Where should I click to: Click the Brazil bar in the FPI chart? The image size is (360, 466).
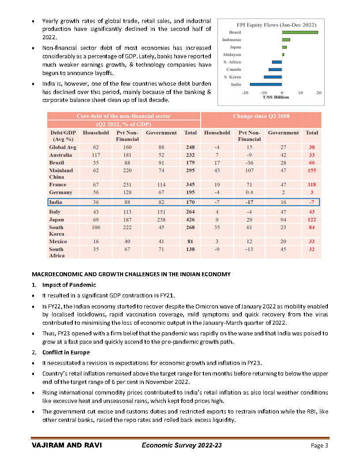coord(300,32)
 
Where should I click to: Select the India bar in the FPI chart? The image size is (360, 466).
coord(266,84)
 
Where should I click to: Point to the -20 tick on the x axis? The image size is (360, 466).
coord(244,93)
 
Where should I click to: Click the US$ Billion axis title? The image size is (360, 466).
coord(276,97)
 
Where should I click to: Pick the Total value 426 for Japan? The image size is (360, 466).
coord(191,219)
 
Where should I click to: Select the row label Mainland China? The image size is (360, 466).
coord(61,173)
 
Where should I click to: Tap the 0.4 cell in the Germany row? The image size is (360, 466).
coord(249,192)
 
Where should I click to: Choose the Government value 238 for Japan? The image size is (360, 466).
coord(161,219)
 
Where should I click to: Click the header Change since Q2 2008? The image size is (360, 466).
coord(261,116)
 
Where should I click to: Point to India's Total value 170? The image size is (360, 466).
coord(191,203)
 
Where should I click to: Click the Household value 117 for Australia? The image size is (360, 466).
coord(96,155)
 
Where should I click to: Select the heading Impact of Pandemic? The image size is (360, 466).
coord(69,285)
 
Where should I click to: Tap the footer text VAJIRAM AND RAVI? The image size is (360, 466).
coord(67,445)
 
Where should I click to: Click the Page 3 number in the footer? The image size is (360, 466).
coord(319,446)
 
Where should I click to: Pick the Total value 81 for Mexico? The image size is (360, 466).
coord(191,241)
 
